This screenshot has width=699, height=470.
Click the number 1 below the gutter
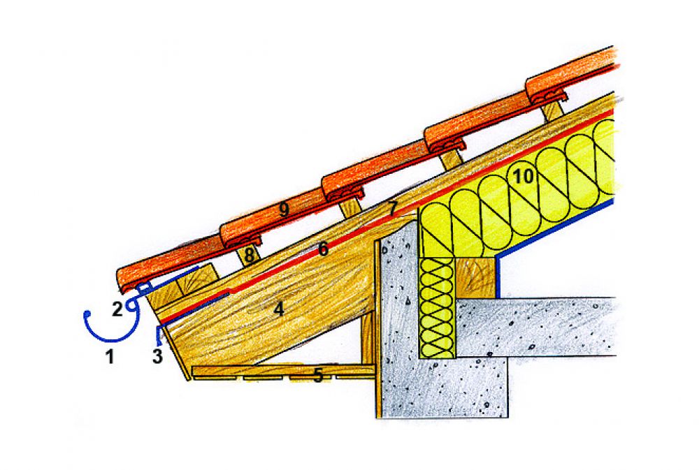point(109,356)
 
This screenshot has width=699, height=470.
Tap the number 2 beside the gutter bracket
point(117,309)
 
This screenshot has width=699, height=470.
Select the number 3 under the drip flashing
point(157,356)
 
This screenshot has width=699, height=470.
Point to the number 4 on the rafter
point(279,309)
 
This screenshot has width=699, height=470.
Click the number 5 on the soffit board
point(317,376)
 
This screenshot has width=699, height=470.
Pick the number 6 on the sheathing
point(323,249)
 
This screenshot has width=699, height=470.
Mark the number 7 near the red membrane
point(392,209)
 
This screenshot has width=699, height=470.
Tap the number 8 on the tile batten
point(250,256)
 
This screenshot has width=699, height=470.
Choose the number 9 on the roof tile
point(284,210)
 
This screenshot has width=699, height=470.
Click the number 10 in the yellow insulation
point(523,177)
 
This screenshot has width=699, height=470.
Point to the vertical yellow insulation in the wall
point(438,308)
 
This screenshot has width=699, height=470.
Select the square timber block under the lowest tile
point(195,280)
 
